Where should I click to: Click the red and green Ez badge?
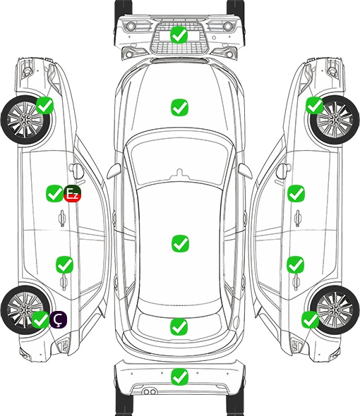(72, 194)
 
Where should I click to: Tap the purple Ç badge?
(58, 319)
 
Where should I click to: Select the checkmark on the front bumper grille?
(179, 35)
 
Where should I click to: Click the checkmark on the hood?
(179, 107)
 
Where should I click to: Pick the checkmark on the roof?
(180, 243)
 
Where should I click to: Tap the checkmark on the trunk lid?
(179, 326)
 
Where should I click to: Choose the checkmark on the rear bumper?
(179, 377)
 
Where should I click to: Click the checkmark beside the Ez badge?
(54, 193)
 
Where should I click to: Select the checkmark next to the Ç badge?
(40, 319)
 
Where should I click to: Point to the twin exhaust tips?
(150, 391)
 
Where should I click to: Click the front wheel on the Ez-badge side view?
(26, 121)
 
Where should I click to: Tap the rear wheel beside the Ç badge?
(25, 310)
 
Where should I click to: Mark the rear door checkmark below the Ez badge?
(64, 264)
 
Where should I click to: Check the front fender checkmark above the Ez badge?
(44, 105)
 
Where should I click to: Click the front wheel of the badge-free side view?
(335, 120)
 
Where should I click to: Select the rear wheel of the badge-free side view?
(335, 310)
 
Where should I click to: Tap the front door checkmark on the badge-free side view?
(296, 193)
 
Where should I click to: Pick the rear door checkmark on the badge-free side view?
(295, 264)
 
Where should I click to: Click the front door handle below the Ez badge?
(62, 218)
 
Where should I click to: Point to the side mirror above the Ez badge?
(76, 171)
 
